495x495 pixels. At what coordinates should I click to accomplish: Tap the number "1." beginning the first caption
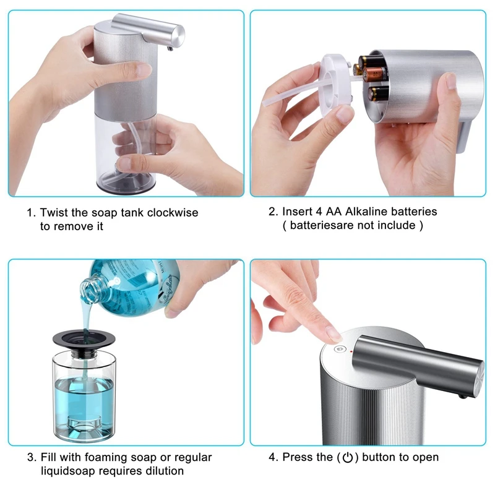pyautogui.click(x=31, y=212)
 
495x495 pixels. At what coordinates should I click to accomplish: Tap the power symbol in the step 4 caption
pyautogui.click(x=348, y=458)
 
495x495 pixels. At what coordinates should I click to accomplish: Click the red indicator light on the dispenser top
pyautogui.click(x=350, y=351)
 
